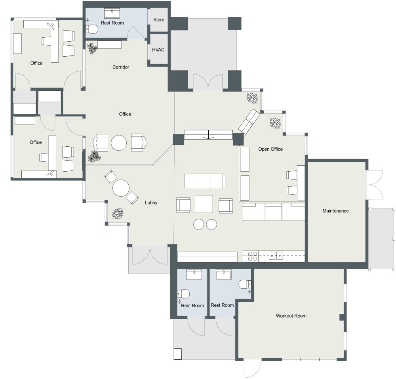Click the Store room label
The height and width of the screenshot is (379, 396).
(x=158, y=19)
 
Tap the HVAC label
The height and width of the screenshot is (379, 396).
(x=158, y=50)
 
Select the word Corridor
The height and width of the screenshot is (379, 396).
(x=121, y=67)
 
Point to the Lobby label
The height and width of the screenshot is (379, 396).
(x=151, y=203)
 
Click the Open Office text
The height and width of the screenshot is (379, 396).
(x=270, y=149)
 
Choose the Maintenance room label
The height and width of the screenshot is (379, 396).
(x=335, y=211)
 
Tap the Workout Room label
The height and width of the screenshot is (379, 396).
(x=291, y=316)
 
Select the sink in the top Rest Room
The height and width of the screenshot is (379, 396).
(x=114, y=14)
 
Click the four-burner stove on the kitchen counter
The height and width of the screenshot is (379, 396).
(x=253, y=256)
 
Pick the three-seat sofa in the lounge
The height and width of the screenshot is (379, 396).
(x=205, y=182)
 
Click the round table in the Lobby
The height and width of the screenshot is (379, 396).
(x=121, y=188)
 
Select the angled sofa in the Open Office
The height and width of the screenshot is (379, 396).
(x=249, y=121)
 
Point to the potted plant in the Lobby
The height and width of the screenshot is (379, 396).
(x=118, y=214)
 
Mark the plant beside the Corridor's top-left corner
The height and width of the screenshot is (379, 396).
(x=92, y=48)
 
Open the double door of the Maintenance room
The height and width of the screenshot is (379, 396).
(x=375, y=185)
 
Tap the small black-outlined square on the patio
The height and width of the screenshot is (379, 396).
(x=177, y=354)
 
